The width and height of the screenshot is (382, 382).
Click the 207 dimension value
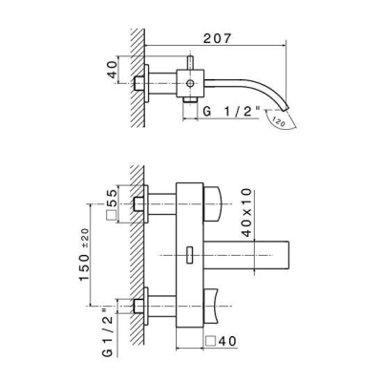pos(217,39)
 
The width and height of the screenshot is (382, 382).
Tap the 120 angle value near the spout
pos(279,120)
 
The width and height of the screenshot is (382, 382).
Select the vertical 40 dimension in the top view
pos(112,70)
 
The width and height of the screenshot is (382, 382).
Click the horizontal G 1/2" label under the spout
pos(231,112)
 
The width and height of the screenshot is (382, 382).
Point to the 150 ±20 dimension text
pos(84,254)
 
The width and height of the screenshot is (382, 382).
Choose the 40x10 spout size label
pos(246,213)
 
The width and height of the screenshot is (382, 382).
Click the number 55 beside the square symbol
pos(112,199)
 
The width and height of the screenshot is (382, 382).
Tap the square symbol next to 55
pos(112,216)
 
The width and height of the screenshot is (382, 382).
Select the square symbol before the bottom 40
pos(211,341)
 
